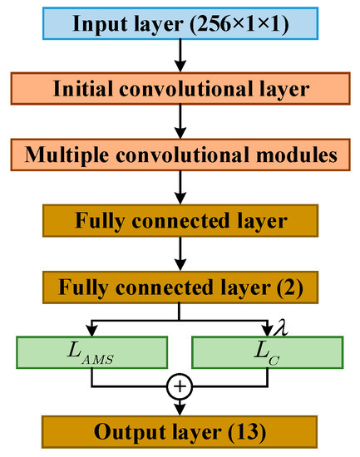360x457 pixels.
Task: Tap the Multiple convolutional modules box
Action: pyautogui.click(x=180, y=155)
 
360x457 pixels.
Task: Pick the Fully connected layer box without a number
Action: pyautogui.click(x=180, y=223)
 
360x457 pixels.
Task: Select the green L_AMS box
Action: pyautogui.click(x=91, y=352)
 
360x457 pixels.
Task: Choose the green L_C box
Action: pyautogui.click(x=269, y=352)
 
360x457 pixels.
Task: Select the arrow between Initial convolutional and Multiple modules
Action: pyautogui.click(x=180, y=122)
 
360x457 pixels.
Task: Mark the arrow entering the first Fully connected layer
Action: pyautogui.click(x=180, y=189)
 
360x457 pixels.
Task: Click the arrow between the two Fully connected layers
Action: pyautogui.click(x=180, y=256)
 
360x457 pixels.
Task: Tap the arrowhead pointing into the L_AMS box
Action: pyautogui.click(x=91, y=329)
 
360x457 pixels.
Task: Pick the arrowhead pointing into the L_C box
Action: pyautogui.click(x=269, y=329)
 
